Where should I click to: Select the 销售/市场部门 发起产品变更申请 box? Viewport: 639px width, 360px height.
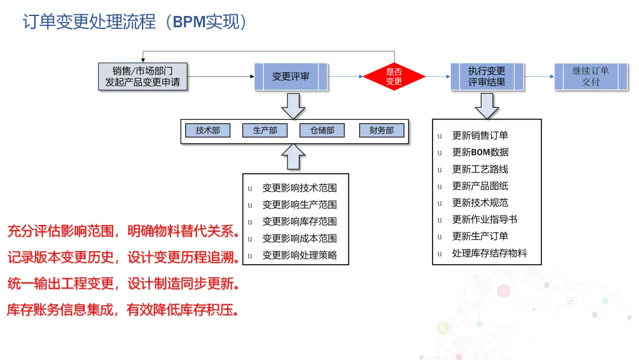[x=143, y=76]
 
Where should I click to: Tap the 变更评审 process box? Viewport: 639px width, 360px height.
[x=291, y=76]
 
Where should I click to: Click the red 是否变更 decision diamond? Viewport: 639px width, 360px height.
[x=394, y=76]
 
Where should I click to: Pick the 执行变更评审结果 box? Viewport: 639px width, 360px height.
[x=487, y=76]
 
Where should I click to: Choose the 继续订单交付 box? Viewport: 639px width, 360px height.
[x=590, y=76]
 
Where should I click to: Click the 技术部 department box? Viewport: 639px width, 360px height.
[x=208, y=130]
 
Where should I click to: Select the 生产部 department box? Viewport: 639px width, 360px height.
[x=265, y=130]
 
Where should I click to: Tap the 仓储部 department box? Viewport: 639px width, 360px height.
[x=322, y=130]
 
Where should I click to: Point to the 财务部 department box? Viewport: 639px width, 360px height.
[x=382, y=130]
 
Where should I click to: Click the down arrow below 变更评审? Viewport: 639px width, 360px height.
[x=293, y=105]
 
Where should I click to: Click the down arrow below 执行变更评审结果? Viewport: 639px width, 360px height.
[x=486, y=105]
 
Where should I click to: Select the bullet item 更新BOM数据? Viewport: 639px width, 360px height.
[x=480, y=152]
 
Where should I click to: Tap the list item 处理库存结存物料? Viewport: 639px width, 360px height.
[x=489, y=253]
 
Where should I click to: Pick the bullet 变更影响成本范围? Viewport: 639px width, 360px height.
[x=299, y=239]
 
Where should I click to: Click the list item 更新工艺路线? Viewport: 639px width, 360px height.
[x=480, y=169]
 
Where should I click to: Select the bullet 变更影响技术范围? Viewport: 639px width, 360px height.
[x=299, y=188]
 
